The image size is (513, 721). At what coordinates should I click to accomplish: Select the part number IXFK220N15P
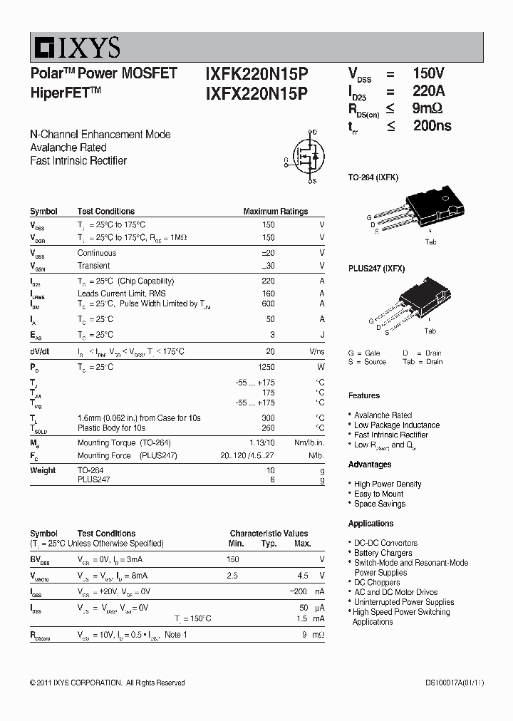point(256,73)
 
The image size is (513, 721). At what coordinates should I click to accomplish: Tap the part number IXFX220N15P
point(256,93)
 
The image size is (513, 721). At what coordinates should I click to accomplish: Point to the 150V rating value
point(428,73)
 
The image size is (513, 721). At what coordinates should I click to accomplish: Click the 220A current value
point(428,91)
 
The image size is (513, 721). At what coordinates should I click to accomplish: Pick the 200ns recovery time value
point(432,126)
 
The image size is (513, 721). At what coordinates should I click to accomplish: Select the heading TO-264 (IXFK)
point(373,177)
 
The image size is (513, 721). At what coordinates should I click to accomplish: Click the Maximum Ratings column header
point(275,212)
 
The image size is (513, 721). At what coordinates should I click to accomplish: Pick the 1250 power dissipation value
point(266,367)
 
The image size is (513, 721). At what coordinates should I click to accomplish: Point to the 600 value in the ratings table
point(268,304)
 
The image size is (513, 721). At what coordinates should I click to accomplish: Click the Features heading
point(364,395)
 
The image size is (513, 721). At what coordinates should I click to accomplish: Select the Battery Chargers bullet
point(383,553)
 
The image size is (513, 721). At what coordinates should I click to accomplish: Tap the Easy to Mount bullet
point(378,494)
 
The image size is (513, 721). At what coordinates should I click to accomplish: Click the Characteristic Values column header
point(269,534)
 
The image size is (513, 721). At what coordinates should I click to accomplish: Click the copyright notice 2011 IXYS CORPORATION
point(107,683)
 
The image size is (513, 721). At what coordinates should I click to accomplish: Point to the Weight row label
point(43,470)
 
